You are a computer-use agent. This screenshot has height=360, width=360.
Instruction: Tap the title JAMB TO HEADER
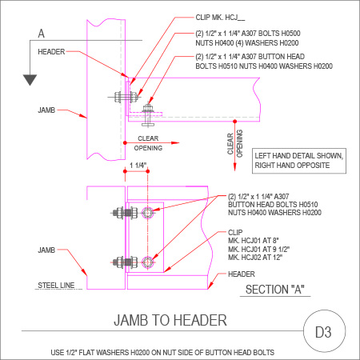(x=170, y=320)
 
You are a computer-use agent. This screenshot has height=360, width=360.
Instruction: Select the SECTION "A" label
(x=275, y=290)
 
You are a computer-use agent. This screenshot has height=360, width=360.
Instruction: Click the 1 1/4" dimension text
(x=138, y=166)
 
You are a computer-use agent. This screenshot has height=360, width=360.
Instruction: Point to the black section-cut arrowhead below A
(x=30, y=80)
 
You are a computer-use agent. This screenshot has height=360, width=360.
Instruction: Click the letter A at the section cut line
(x=42, y=34)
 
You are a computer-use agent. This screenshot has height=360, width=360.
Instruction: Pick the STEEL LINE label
(x=56, y=286)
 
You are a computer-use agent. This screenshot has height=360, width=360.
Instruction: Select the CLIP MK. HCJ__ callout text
(x=220, y=18)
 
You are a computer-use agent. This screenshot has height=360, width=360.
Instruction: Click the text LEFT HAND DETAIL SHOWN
(x=299, y=156)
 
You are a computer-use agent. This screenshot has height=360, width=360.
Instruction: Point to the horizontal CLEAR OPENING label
(x=148, y=143)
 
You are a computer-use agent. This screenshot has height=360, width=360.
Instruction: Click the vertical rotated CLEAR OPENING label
(x=235, y=143)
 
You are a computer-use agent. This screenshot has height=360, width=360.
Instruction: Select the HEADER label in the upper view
(x=51, y=52)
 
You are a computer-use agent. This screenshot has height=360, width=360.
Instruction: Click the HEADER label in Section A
(x=242, y=274)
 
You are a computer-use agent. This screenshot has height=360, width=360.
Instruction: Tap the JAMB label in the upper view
(x=46, y=110)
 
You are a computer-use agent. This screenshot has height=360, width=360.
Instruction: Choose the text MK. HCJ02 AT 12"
(x=255, y=258)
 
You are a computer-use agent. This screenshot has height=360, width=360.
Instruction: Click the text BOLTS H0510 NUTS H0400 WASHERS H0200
(x=264, y=66)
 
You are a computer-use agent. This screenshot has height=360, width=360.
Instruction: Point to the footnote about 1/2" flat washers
(x=162, y=353)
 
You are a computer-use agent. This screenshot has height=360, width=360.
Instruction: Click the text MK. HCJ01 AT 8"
(x=254, y=241)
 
